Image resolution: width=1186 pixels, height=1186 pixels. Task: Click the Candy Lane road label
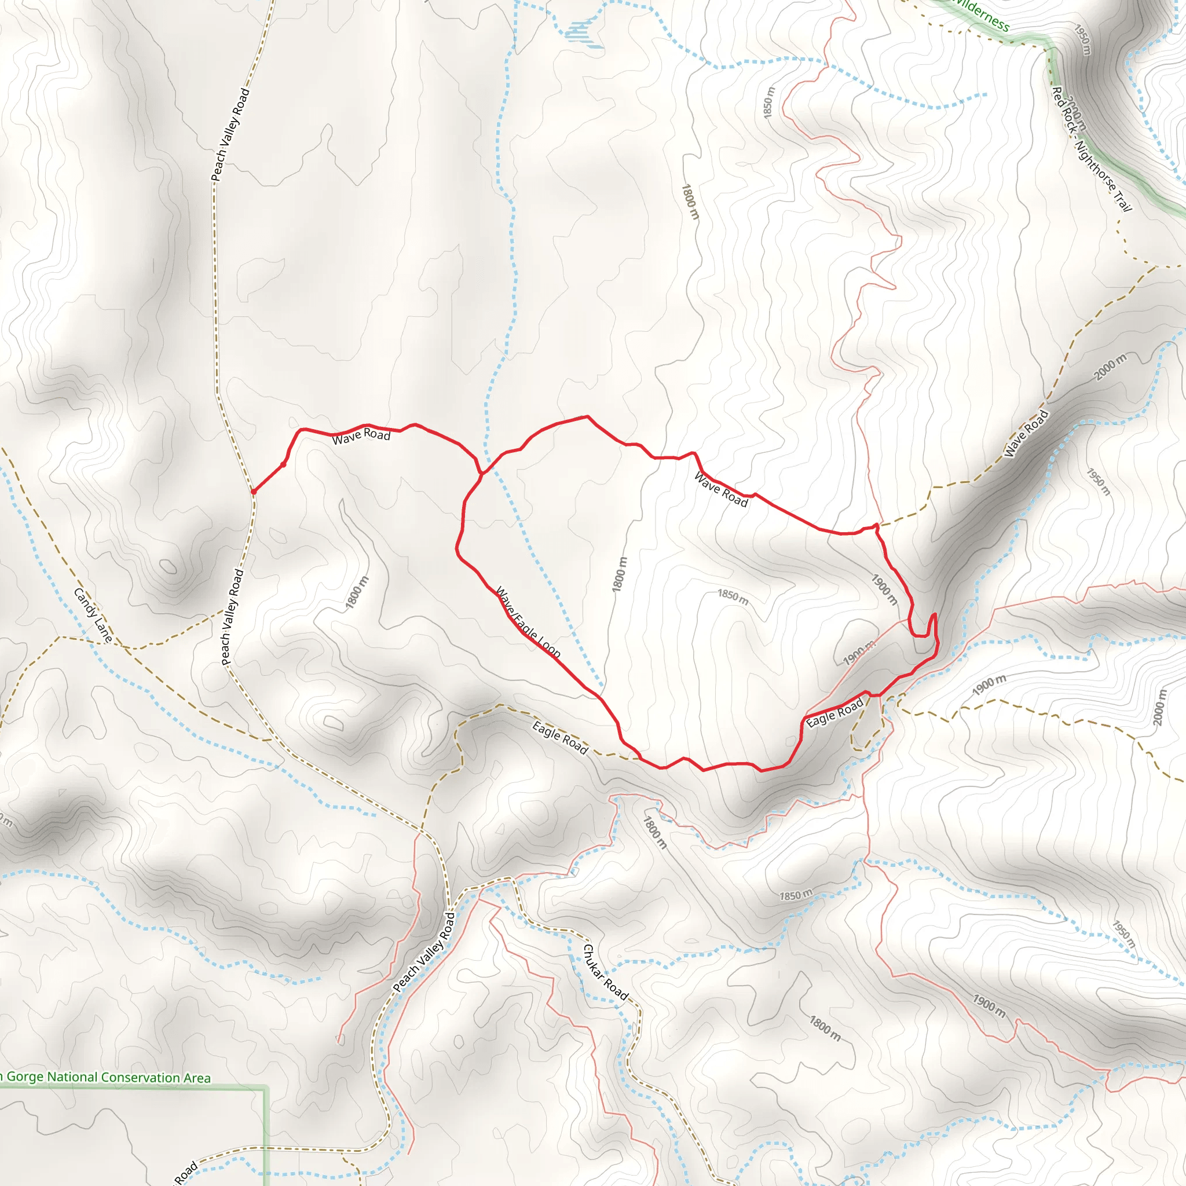coord(93,615)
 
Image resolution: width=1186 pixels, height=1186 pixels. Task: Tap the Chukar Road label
coord(605,972)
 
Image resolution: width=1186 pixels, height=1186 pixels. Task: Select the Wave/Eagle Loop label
coord(528,623)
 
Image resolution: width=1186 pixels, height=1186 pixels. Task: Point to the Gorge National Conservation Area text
coord(105,1077)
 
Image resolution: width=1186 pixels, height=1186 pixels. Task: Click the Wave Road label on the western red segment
coord(361,436)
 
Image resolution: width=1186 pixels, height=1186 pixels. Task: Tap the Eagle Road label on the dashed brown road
coord(560,738)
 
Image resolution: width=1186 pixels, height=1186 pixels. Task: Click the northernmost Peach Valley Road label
coord(230,134)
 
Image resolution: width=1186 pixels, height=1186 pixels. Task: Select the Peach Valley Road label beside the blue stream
coord(424,952)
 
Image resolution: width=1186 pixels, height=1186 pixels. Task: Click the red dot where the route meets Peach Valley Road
coord(253,492)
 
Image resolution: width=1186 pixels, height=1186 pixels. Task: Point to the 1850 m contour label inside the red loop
coord(733,596)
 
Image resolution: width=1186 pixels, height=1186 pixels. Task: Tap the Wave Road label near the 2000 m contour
coord(1026,433)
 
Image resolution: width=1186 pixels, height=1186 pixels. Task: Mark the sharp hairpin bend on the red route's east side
coord(934,616)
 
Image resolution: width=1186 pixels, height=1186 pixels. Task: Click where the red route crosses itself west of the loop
coord(482,473)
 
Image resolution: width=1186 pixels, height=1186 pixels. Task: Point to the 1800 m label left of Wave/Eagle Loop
coord(357,592)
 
